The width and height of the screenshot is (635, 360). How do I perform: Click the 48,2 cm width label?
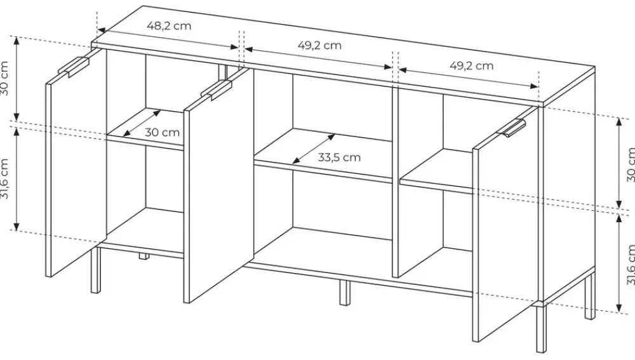[x=169, y=26]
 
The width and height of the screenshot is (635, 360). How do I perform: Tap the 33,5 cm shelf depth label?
[x=339, y=157]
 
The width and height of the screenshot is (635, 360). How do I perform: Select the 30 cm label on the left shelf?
[x=162, y=133]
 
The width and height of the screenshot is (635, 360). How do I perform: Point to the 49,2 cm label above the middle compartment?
[x=319, y=45]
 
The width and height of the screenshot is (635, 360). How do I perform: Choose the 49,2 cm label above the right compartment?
[x=472, y=65]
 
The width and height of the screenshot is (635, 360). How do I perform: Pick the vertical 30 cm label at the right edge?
[x=630, y=164]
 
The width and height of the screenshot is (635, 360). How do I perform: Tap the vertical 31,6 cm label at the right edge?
[x=630, y=265]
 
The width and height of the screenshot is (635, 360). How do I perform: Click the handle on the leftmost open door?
[x=73, y=67]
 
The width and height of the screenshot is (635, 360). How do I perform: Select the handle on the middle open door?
[x=217, y=90]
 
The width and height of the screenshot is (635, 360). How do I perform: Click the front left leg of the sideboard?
[x=96, y=270]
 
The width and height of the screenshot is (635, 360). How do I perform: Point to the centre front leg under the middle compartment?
[x=344, y=292]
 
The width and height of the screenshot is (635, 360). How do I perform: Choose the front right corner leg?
[x=540, y=328]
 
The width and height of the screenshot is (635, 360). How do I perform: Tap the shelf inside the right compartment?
[x=436, y=171]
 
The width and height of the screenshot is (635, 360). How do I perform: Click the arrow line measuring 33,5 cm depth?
[x=314, y=149]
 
